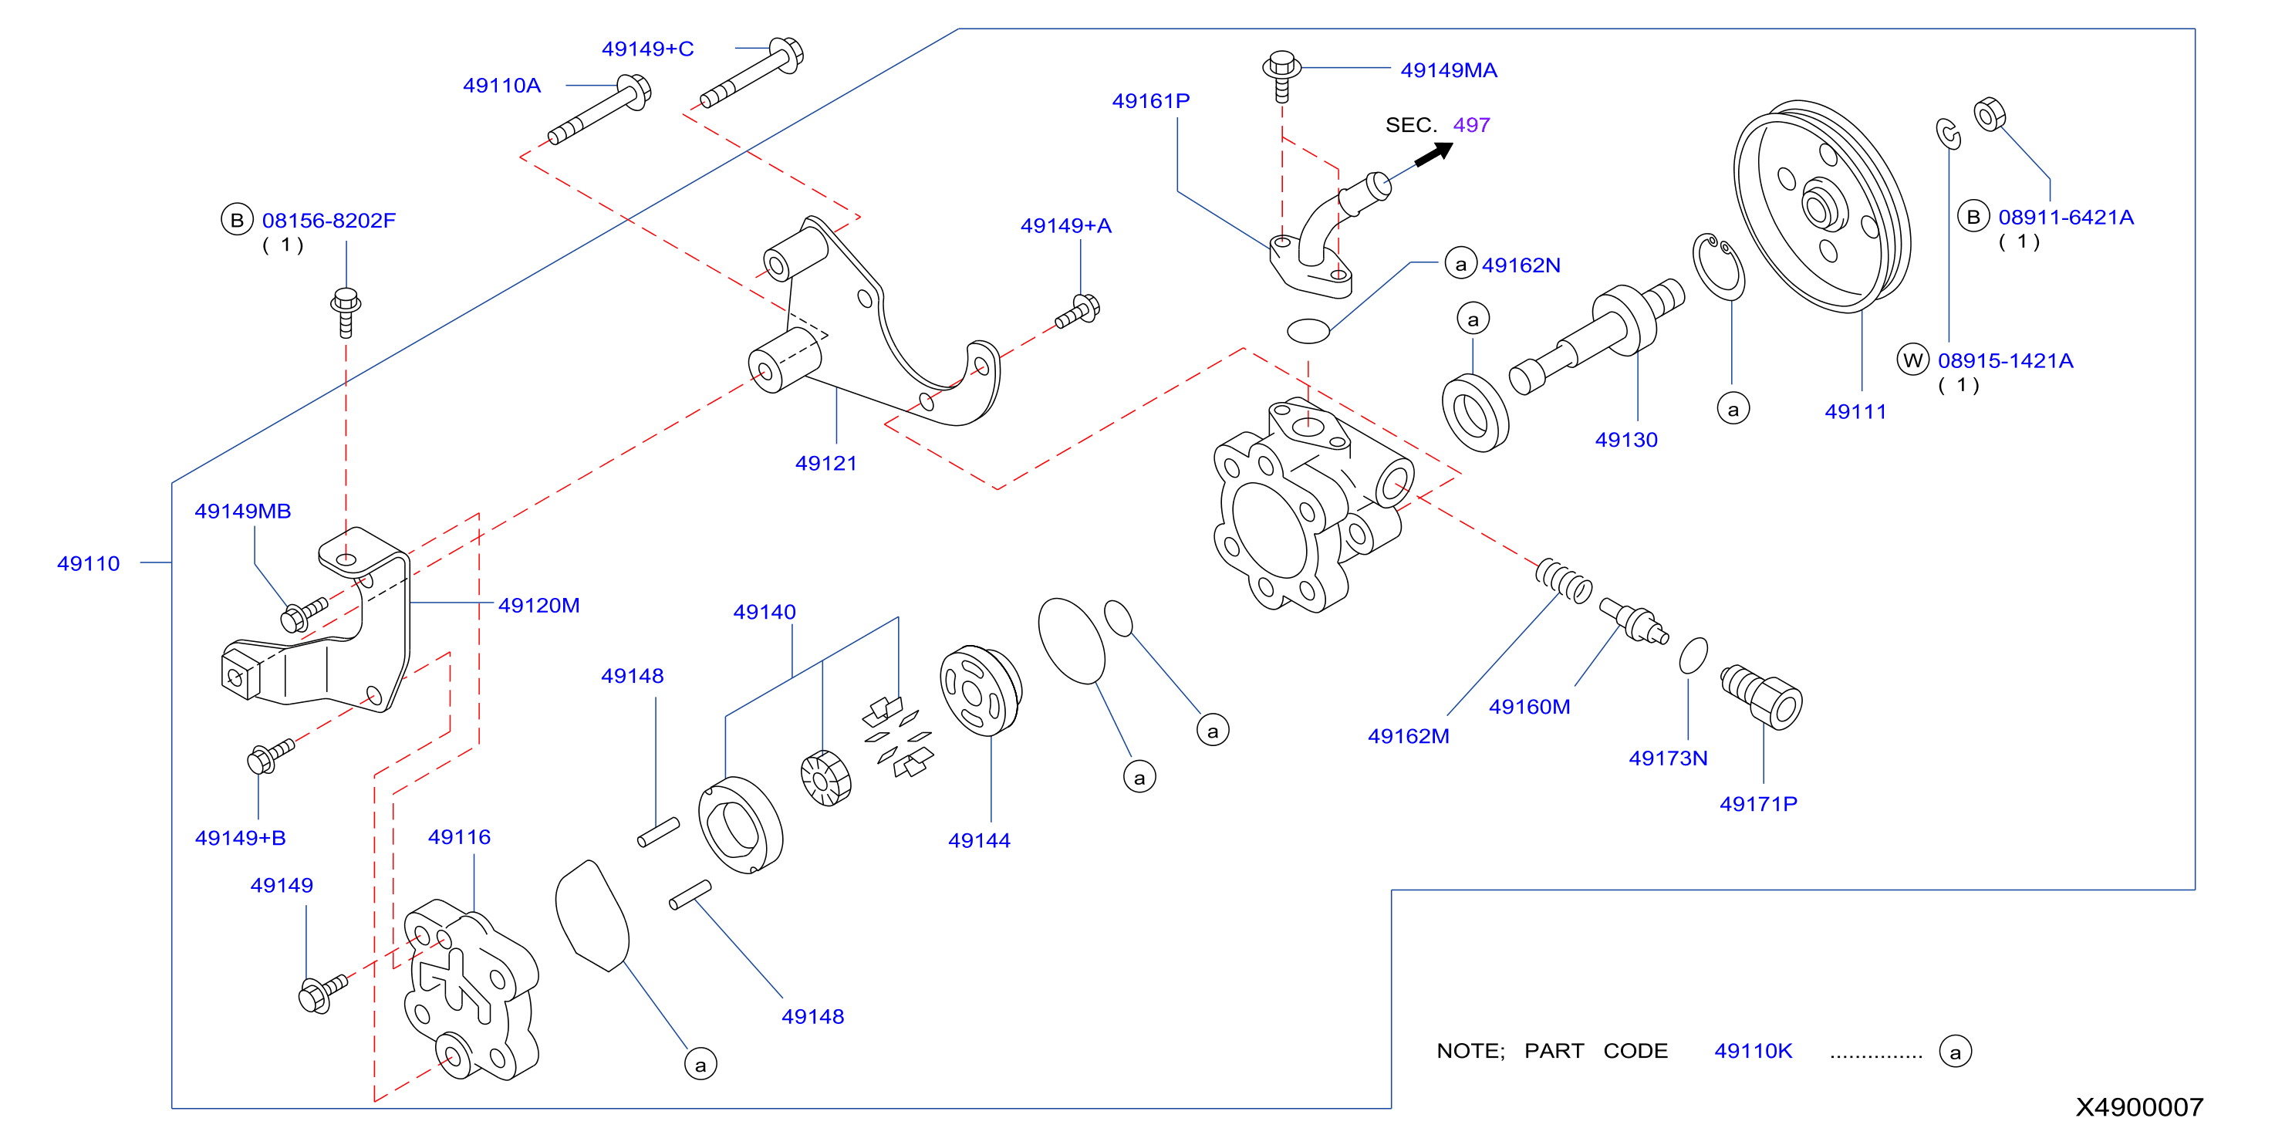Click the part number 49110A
[x=501, y=86]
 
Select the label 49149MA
[x=1449, y=70]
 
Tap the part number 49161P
[x=1150, y=100]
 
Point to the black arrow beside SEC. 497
[x=1433, y=153]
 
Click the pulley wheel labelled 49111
[x=1821, y=207]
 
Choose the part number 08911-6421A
[x=2065, y=217]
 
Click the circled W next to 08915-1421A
[x=1913, y=360]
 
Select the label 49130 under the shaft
[x=1625, y=440]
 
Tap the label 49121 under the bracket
[x=825, y=463]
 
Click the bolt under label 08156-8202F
[x=346, y=312]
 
